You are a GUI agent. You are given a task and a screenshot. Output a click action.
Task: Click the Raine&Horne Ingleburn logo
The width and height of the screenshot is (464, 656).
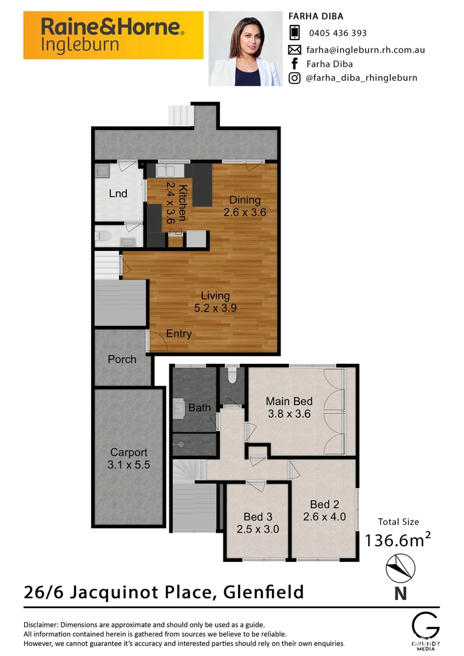[113, 35]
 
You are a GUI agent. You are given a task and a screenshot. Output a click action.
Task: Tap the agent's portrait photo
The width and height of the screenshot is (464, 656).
[245, 49]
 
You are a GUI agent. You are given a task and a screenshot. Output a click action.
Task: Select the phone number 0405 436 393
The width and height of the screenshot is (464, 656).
[338, 33]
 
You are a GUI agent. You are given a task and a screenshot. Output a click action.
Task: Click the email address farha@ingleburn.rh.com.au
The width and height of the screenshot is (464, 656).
[365, 49]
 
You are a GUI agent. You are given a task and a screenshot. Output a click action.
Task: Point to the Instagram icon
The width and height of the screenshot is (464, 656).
[295, 78]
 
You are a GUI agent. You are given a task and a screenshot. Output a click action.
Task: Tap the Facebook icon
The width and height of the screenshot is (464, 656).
[295, 63]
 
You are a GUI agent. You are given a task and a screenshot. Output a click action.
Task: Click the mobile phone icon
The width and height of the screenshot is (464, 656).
[295, 33]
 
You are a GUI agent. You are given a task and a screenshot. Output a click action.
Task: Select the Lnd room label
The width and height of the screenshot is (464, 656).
[118, 194]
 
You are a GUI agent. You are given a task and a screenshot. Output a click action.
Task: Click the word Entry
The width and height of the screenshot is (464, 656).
[179, 333]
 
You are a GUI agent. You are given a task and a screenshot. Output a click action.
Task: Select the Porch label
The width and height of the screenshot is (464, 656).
[122, 359]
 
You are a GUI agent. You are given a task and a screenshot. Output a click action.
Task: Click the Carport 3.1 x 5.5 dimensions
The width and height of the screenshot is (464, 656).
[129, 465]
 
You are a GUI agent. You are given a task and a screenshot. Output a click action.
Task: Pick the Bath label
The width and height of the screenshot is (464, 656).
[199, 408]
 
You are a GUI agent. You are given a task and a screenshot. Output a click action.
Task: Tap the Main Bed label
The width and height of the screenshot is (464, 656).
[289, 401]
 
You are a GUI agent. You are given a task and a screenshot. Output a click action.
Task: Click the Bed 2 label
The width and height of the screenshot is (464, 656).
[324, 504]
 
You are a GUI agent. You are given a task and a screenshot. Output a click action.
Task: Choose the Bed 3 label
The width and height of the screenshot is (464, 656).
[258, 517]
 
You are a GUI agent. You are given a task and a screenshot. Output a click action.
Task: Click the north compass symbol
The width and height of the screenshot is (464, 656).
[400, 570]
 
